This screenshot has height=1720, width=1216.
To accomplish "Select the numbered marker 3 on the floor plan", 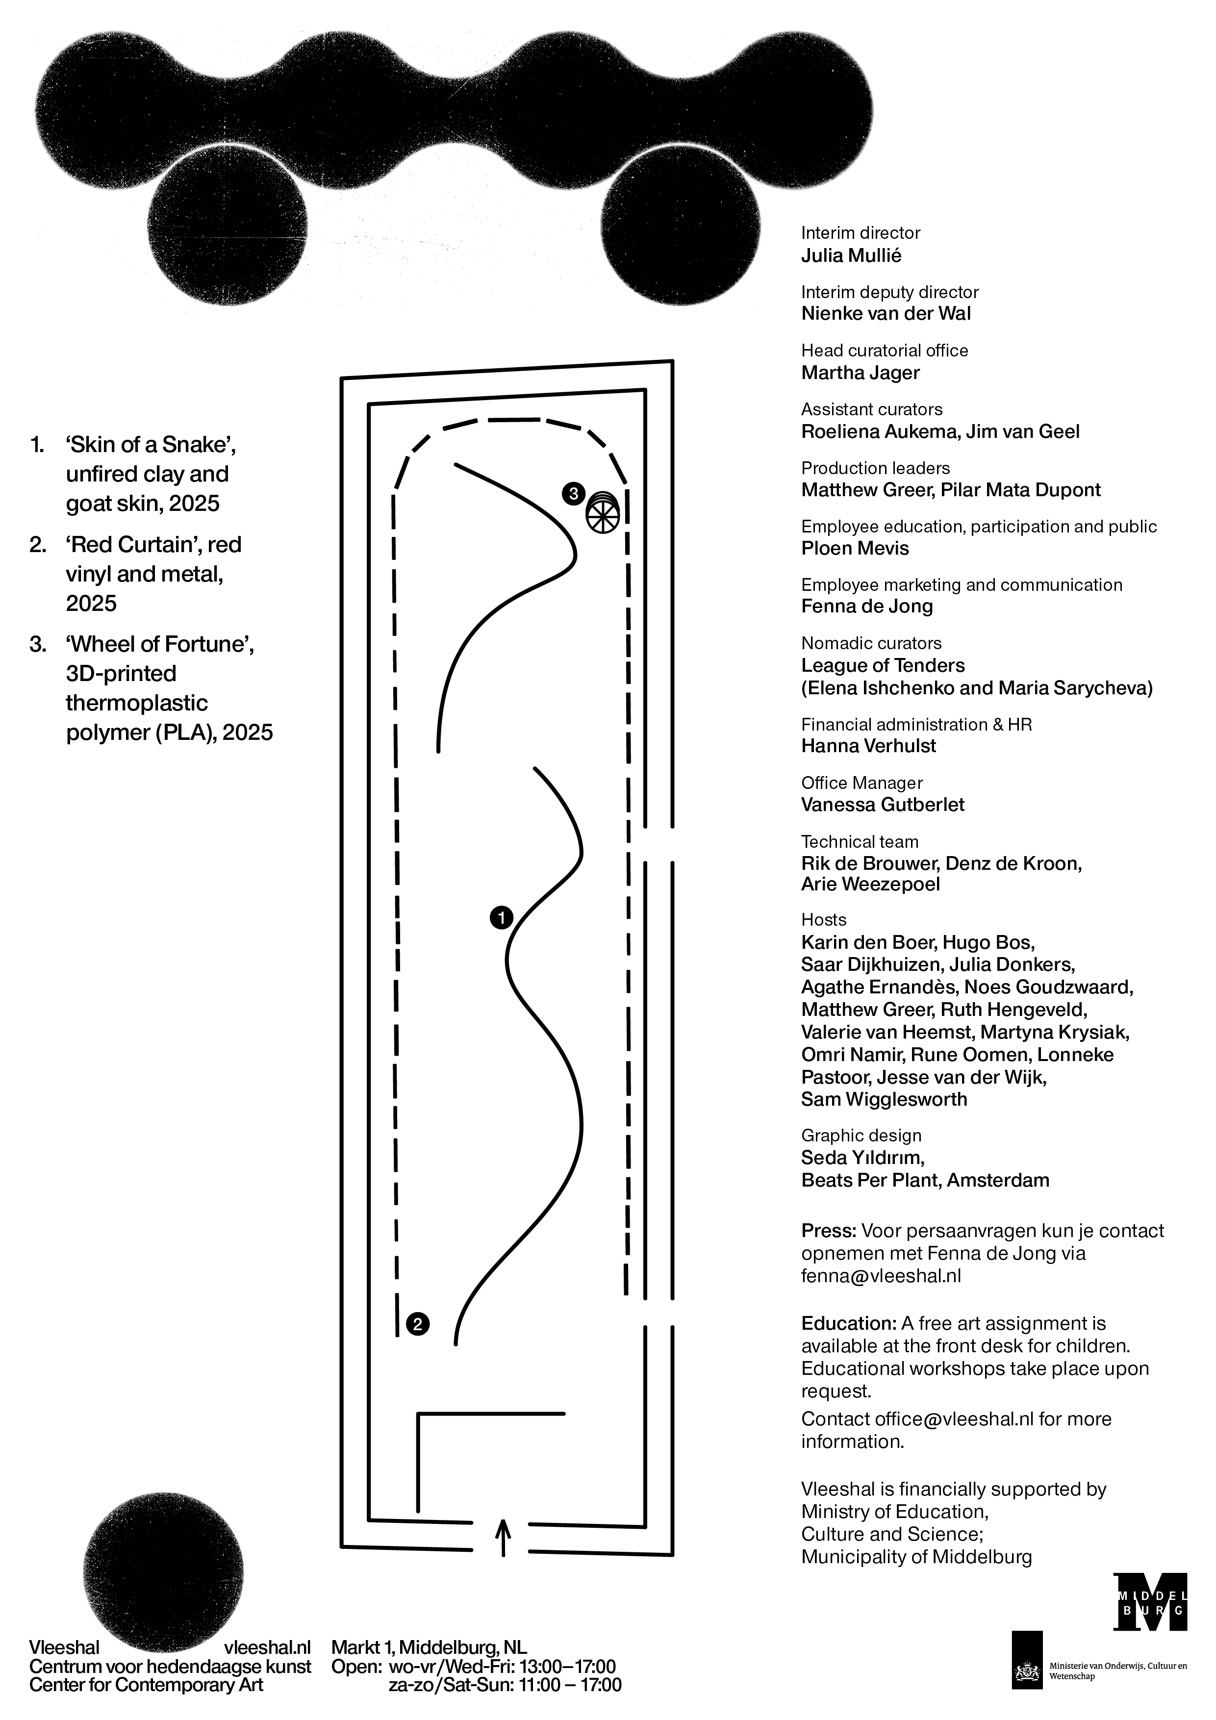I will click(x=573, y=494).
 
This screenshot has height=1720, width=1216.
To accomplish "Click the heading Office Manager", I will click(x=861, y=783).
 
